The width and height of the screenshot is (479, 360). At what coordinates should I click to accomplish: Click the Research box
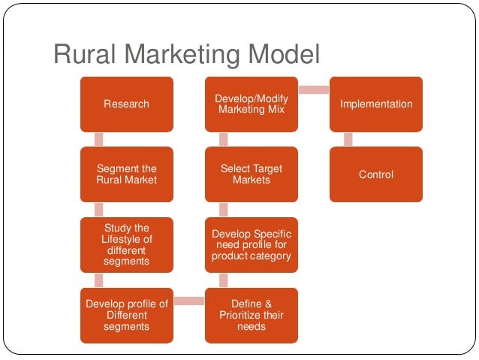coord(126,104)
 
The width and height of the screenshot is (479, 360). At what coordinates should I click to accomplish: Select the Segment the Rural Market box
coord(126,174)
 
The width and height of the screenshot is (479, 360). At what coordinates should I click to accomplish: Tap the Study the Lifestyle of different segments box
coord(126,244)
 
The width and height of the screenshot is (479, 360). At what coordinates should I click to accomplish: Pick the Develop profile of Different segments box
coord(126,315)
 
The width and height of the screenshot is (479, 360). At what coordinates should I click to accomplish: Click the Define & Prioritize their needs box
coord(251,315)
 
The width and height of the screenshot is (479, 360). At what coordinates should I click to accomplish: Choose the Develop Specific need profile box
coord(251,244)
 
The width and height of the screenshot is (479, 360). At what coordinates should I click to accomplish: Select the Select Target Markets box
coord(251,174)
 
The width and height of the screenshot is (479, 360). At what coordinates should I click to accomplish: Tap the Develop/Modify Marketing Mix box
coord(251,104)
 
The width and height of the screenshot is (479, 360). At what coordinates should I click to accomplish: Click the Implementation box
coord(375,104)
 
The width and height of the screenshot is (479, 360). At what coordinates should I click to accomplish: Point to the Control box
coord(375,174)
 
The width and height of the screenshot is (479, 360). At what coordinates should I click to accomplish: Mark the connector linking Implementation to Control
coord(348,139)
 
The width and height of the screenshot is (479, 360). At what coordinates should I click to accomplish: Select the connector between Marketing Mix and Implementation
coord(313,90)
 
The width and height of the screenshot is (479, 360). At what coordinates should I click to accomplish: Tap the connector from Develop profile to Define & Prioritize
coord(188,301)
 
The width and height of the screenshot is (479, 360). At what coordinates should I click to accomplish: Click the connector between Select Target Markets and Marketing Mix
coord(223,139)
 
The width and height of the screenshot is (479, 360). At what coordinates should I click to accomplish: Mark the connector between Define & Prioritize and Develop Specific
coord(223,280)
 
